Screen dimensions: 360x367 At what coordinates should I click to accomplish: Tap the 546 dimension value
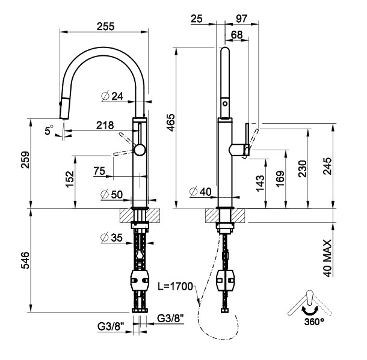[x=23, y=260]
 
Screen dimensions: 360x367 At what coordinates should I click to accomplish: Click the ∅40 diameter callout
[x=200, y=192]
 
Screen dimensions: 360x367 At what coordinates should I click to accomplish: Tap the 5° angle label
[x=49, y=128]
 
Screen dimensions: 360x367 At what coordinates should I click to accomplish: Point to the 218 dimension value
[x=105, y=125]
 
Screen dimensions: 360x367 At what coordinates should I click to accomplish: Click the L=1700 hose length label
[x=176, y=287]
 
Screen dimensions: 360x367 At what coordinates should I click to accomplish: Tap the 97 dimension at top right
[x=242, y=19]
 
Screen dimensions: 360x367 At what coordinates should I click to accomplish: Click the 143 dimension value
[x=259, y=183]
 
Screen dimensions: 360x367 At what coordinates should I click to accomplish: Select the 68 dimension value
[x=236, y=35]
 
